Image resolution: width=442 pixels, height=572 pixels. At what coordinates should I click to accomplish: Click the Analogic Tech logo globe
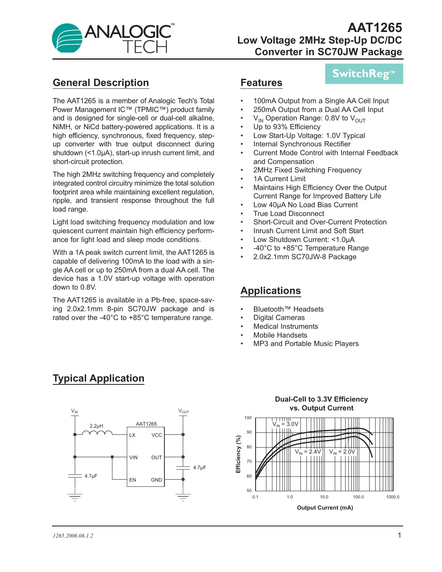(x=67, y=38)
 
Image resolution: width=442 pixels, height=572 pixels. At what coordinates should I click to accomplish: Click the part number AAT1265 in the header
(x=374, y=28)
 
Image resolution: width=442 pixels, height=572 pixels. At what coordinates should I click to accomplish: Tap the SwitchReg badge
(x=364, y=74)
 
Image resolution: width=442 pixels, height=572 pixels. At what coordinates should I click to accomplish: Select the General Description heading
(x=101, y=83)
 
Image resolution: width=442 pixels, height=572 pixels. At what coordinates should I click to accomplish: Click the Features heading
(x=261, y=83)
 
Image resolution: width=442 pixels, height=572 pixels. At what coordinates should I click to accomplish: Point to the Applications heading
(x=270, y=291)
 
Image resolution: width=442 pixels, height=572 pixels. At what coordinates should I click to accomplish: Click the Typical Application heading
(x=98, y=378)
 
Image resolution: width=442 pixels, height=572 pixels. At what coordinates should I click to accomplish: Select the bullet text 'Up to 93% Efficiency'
(x=287, y=127)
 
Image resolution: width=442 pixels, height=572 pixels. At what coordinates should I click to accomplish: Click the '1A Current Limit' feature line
(x=279, y=179)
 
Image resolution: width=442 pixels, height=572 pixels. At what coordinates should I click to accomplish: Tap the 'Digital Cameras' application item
(x=279, y=318)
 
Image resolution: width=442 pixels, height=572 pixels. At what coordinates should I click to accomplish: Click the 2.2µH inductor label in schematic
(x=96, y=426)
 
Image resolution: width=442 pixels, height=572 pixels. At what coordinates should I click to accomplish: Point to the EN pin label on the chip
(x=133, y=480)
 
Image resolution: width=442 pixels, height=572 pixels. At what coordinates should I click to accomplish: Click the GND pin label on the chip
(x=156, y=480)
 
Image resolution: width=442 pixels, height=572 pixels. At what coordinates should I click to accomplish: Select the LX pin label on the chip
(x=132, y=435)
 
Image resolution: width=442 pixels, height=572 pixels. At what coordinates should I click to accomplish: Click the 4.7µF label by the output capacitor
(x=200, y=468)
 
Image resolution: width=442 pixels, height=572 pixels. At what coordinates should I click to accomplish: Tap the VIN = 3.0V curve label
(x=285, y=424)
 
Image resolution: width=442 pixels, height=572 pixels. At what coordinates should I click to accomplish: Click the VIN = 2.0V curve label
(x=342, y=452)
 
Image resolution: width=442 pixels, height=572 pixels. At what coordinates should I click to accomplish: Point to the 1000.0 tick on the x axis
(x=392, y=497)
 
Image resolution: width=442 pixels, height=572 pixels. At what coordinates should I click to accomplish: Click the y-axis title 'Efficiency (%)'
(x=238, y=454)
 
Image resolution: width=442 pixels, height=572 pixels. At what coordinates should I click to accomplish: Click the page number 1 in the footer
(x=399, y=536)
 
